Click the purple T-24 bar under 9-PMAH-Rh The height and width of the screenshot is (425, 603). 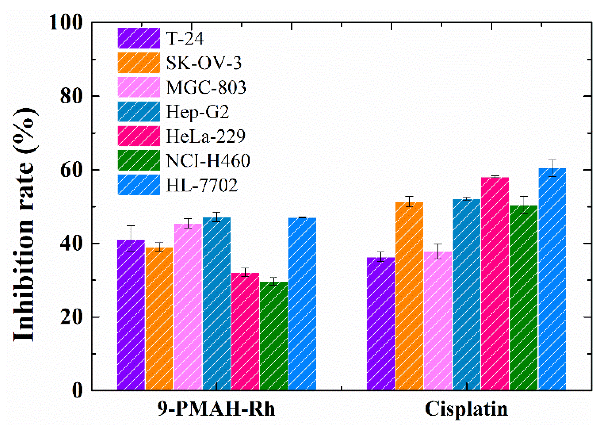(x=131, y=315)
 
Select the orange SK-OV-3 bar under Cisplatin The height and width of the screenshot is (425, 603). (x=409, y=297)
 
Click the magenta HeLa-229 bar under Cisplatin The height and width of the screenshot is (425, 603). (x=495, y=284)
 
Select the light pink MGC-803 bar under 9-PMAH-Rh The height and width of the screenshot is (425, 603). (x=188, y=307)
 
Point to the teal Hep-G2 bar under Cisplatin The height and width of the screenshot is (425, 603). (x=466, y=294)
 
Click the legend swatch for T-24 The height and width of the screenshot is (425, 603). (x=139, y=38)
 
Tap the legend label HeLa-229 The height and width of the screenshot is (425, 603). (x=206, y=136)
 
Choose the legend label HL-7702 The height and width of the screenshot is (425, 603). (x=202, y=185)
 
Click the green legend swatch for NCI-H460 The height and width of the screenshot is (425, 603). (x=139, y=160)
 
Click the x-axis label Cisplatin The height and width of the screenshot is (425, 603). (x=466, y=409)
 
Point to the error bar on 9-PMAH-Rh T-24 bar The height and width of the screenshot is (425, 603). (x=131, y=239)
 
